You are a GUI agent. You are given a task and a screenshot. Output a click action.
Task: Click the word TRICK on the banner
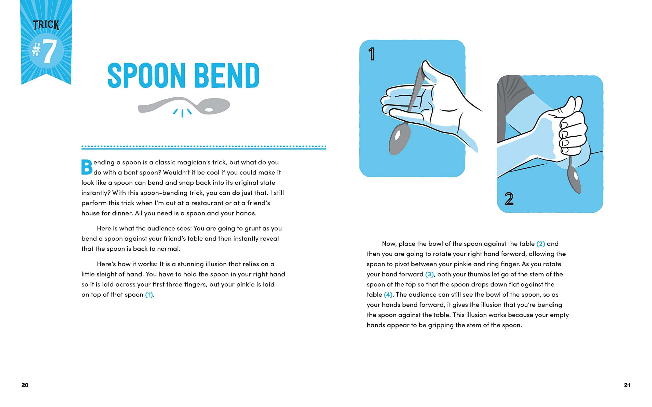tap(46, 25)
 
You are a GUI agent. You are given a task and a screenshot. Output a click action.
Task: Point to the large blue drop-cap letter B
tap(87, 167)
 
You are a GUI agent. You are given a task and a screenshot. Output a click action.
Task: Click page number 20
tap(25, 385)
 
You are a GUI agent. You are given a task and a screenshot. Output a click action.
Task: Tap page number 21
tap(627, 385)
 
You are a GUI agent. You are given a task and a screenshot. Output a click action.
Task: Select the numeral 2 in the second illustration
tap(509, 199)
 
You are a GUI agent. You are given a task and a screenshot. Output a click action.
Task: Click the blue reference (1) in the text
tap(149, 295)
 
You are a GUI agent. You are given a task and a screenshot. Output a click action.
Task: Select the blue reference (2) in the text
tap(541, 244)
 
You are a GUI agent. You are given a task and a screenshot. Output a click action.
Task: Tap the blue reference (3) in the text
tap(429, 274)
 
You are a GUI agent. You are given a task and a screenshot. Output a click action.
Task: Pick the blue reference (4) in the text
tap(388, 295)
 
